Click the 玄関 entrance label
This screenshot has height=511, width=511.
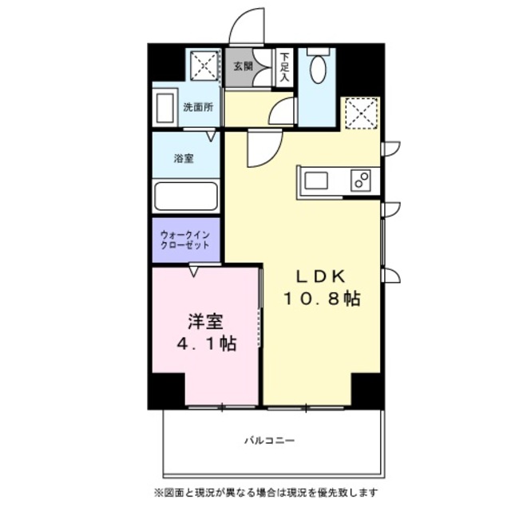(x=243, y=67)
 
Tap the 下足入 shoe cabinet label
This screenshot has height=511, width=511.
(x=284, y=68)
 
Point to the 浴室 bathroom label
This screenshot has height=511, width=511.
(x=184, y=158)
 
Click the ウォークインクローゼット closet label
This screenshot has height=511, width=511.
(x=185, y=240)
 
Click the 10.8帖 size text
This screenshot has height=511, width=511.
(x=320, y=299)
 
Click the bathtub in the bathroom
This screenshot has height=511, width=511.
(x=185, y=196)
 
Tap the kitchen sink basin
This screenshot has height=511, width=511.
(x=316, y=180)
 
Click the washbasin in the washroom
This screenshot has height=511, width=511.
(x=166, y=107)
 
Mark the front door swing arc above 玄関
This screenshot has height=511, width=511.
(x=248, y=26)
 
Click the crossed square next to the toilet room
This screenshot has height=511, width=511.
(x=360, y=113)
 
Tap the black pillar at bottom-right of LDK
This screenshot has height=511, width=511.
(x=367, y=390)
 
